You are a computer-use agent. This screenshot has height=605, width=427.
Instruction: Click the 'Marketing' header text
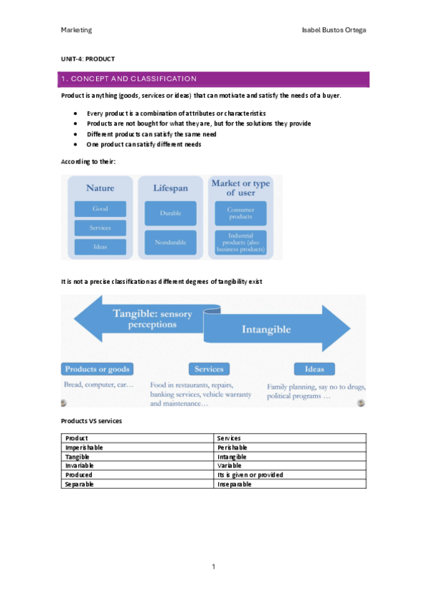tap(76, 30)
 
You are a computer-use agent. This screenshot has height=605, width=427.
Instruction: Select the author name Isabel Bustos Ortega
tap(334, 30)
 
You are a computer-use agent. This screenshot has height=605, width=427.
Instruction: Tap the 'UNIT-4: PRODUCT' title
tap(88, 59)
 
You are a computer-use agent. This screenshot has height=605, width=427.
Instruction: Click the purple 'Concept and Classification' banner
tap(214, 78)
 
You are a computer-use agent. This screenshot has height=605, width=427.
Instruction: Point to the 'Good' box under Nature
tap(101, 209)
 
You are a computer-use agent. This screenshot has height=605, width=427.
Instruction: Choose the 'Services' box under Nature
tap(101, 228)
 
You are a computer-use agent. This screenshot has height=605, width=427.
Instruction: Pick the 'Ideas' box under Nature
tap(101, 247)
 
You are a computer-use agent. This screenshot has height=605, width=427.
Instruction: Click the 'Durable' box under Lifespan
tap(170, 213)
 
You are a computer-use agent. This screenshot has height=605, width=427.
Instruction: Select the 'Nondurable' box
tap(170, 243)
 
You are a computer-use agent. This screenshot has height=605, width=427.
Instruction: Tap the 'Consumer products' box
tap(241, 213)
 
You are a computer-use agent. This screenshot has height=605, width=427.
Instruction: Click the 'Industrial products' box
tap(241, 242)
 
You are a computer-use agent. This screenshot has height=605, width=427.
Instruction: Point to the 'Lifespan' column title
tap(170, 188)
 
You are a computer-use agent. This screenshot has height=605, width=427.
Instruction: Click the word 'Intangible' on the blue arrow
tap(266, 330)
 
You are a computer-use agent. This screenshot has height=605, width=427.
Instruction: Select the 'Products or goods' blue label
tap(98, 369)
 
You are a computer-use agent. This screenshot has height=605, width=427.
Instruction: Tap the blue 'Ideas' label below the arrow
tap(314, 369)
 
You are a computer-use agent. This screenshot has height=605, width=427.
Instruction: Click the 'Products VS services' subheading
tap(91, 421)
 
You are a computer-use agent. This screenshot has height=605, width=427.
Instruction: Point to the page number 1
tap(213, 566)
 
